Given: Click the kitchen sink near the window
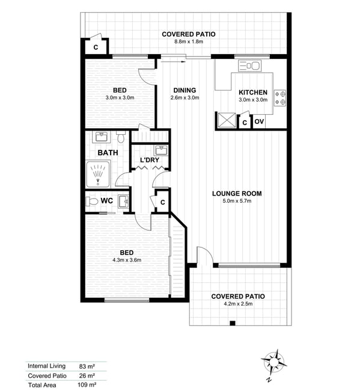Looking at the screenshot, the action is tap(249, 66).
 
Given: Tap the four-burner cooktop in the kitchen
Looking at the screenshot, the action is tap(280, 98).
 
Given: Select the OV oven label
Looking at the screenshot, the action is tap(259, 122).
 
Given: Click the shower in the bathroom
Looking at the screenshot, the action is tap(98, 174).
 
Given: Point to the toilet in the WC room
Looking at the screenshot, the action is tap(92, 202).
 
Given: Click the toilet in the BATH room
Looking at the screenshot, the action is tap(121, 137).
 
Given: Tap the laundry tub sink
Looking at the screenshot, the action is tap(162, 150).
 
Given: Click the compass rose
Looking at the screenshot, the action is tap(274, 362).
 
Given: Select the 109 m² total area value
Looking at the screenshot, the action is tap(87, 384).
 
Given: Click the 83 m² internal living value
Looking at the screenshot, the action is tap(87, 366).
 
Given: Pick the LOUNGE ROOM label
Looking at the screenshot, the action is tap(237, 194).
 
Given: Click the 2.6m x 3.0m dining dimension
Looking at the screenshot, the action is tap(185, 97).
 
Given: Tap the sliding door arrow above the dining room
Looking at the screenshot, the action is tap(174, 61).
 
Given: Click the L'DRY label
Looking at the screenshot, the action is tap(150, 160).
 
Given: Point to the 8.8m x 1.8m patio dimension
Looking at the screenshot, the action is tap(189, 42).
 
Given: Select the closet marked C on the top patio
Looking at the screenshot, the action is tap(96, 47).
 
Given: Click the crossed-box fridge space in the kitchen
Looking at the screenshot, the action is tap(227, 120).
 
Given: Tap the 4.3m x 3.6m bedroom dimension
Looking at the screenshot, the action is tap(127, 260).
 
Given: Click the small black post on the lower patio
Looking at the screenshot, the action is tap(232, 323).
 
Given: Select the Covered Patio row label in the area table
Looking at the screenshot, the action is tap(47, 376).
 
